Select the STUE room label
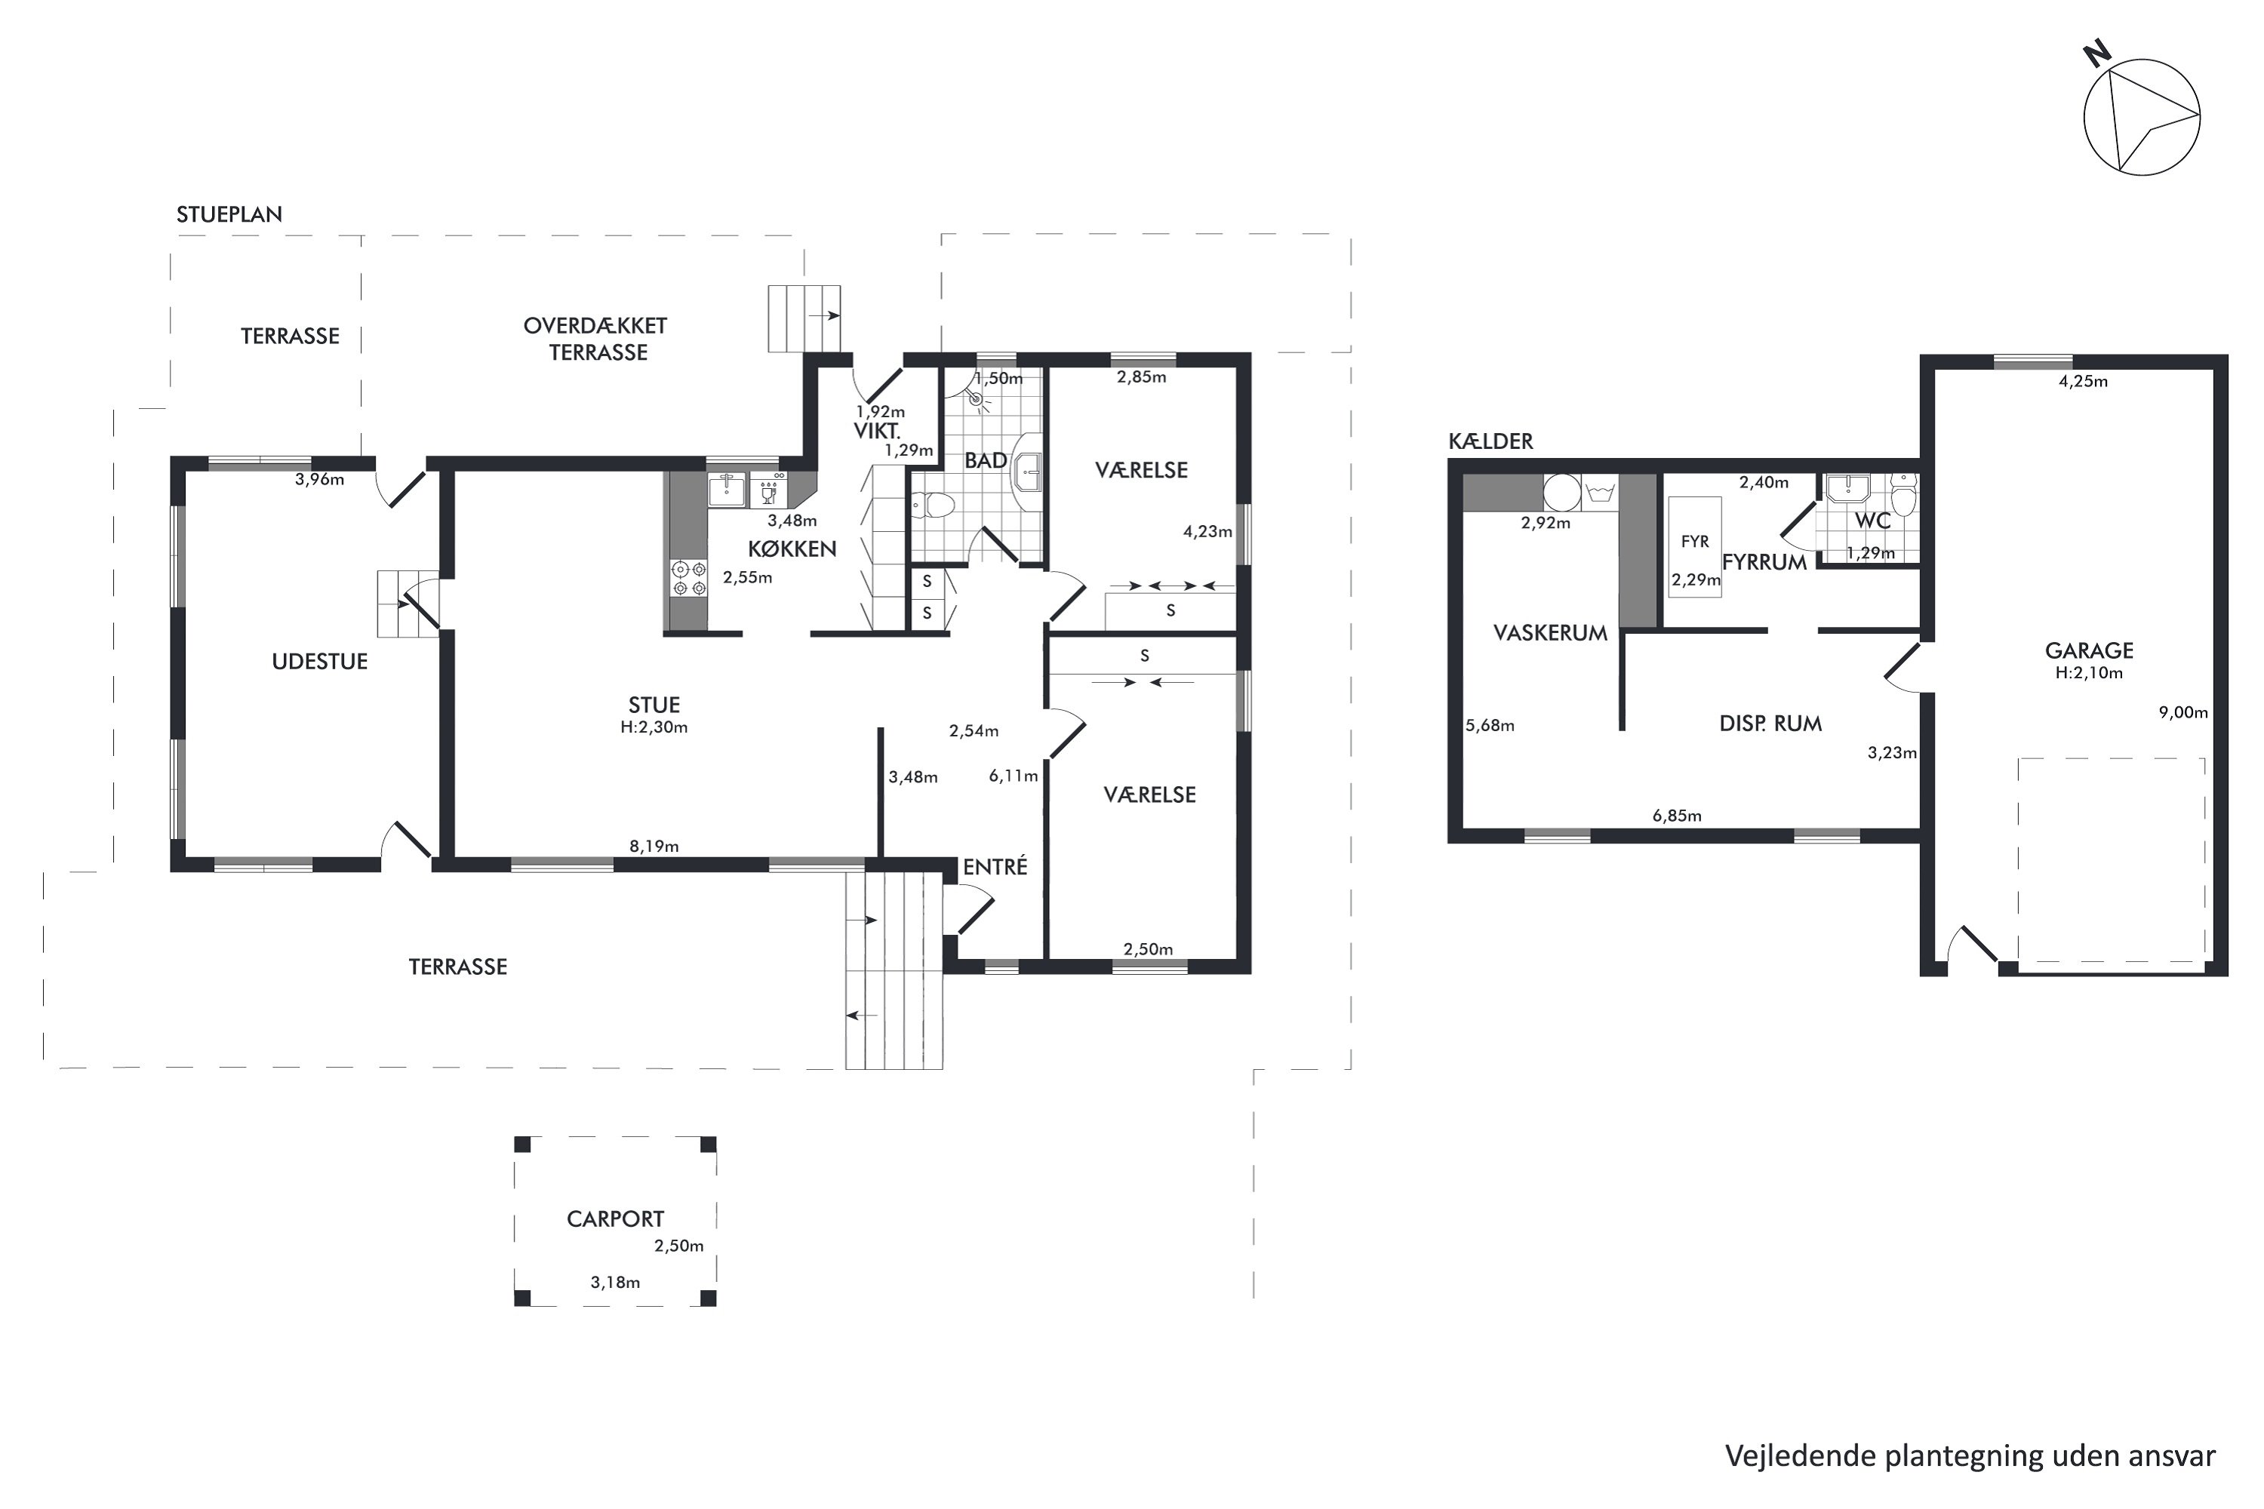[x=654, y=705]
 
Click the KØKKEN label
[x=792, y=549]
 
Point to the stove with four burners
[x=688, y=577]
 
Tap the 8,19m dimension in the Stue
[x=654, y=847]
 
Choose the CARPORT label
[x=615, y=1219]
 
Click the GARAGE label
[x=2090, y=650]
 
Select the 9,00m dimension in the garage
[x=2183, y=713]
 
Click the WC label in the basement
[x=1873, y=521]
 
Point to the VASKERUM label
[x=1550, y=633]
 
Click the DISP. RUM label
[x=1770, y=724]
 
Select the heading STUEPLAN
[x=229, y=214]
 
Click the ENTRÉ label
[x=995, y=867]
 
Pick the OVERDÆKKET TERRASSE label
[x=596, y=339]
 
